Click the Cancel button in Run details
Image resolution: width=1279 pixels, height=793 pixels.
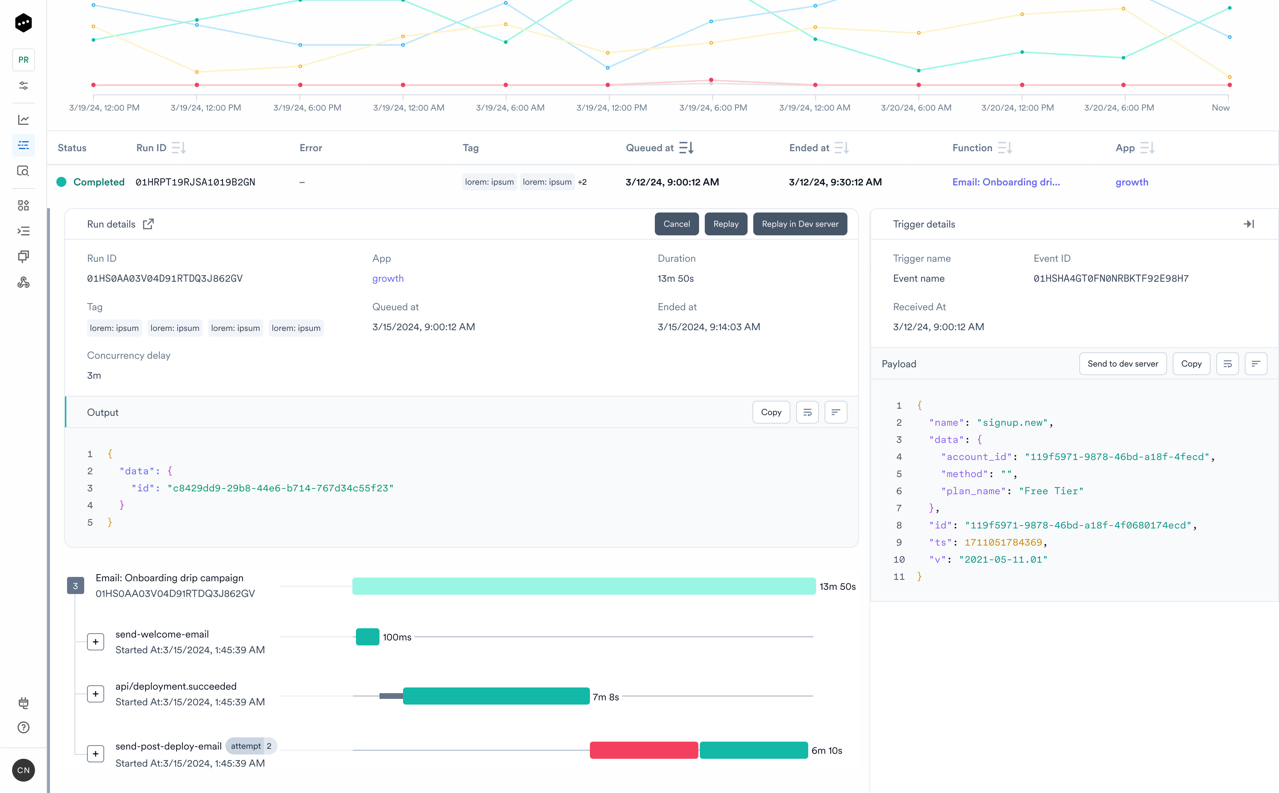[x=676, y=224]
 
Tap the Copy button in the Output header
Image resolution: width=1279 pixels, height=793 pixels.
[x=771, y=412]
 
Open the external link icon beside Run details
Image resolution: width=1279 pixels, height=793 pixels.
[x=148, y=224]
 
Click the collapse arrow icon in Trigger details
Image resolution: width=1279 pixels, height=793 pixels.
[x=1249, y=224]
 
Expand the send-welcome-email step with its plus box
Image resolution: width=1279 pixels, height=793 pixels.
[x=96, y=642]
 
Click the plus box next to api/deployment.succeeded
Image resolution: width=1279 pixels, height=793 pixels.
[x=96, y=694]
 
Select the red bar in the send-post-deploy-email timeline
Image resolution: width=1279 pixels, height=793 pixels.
[x=644, y=750]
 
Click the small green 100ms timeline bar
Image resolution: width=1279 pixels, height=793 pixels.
[x=367, y=637]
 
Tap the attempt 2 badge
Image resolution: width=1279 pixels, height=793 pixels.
[x=251, y=746]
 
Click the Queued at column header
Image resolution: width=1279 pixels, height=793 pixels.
[x=649, y=148]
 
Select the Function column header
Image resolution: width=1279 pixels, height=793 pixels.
[x=972, y=148]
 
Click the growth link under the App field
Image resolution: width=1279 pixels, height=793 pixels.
[x=388, y=278]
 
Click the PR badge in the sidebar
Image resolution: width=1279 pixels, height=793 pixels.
[x=24, y=60]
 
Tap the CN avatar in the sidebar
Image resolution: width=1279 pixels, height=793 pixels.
[x=24, y=770]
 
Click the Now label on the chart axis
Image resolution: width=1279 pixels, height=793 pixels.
[x=1220, y=108]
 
